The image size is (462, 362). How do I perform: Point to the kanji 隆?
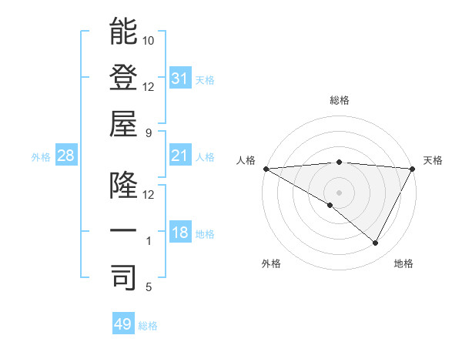[123, 186]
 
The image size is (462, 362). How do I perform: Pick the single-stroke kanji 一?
[123, 231]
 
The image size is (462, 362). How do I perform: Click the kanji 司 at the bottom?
[123, 277]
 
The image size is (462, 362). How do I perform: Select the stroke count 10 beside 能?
[149, 40]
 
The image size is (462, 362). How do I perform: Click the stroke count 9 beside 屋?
[149, 132]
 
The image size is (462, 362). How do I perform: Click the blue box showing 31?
[179, 79]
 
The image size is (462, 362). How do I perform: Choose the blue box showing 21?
[179, 156]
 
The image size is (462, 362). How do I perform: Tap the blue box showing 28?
[65, 156]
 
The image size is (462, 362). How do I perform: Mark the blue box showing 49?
[122, 324]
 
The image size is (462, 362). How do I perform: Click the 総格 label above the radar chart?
[339, 100]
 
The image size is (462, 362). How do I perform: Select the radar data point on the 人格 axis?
[266, 168]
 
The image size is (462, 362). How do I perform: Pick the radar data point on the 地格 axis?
[376, 243]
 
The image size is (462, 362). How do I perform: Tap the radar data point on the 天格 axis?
[412, 168]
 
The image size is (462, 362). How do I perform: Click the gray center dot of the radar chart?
[339, 192]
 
